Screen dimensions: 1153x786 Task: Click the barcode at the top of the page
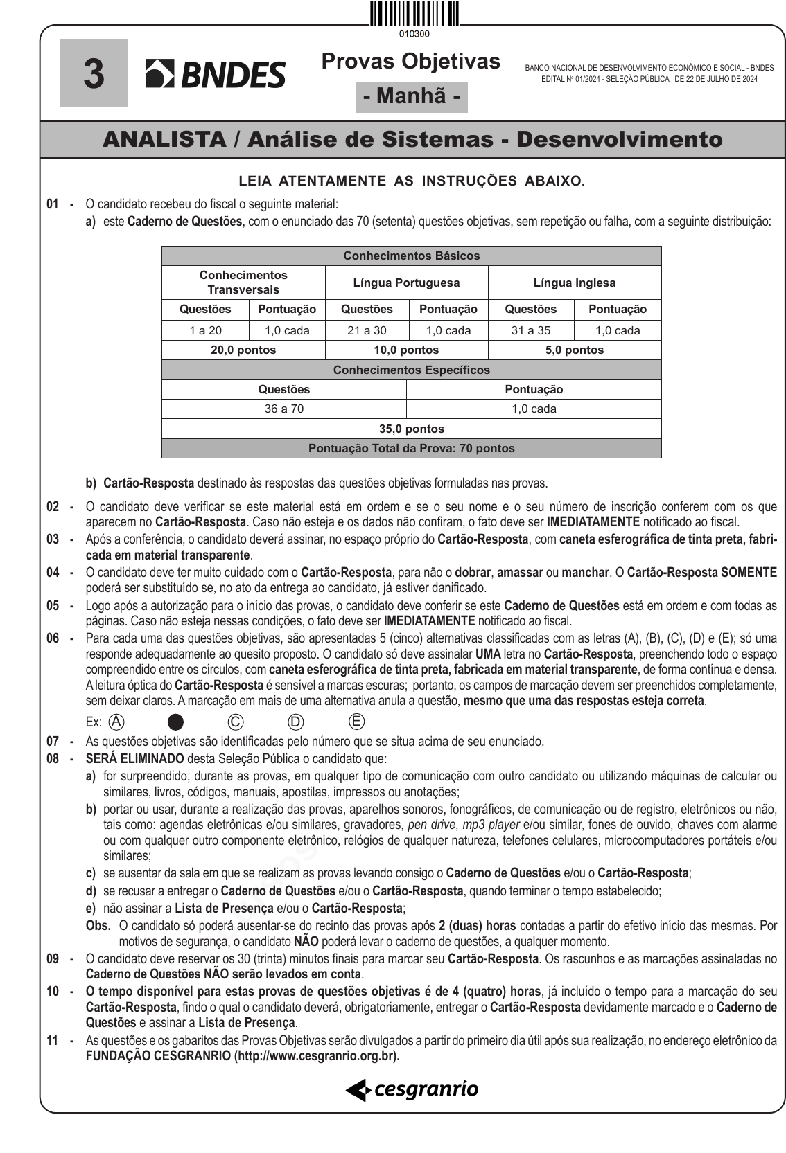[x=414, y=14]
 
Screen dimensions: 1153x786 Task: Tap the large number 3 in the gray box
[x=94, y=73]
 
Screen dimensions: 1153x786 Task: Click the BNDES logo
[x=216, y=74]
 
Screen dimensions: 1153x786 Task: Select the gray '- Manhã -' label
[x=412, y=96]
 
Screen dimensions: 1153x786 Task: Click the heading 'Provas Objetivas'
[x=410, y=62]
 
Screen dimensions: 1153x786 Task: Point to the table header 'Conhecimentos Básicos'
[x=411, y=256]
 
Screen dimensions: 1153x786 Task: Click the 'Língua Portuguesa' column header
[x=406, y=283]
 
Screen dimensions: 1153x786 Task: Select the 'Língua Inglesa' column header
[x=574, y=283]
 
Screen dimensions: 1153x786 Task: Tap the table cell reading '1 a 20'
[x=205, y=330]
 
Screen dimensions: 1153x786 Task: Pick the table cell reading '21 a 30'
[x=367, y=330]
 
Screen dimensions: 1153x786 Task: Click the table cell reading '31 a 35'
[x=531, y=330]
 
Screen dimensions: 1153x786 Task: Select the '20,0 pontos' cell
[x=243, y=350]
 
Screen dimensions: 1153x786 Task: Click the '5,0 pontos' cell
[x=574, y=350]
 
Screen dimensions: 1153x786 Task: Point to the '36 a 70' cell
[x=284, y=409]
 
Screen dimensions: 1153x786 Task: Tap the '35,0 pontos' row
[x=411, y=429]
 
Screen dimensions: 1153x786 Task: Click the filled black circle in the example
[x=176, y=722]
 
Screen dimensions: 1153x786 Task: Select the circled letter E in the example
[x=356, y=722]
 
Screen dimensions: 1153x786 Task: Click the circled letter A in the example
[x=117, y=722]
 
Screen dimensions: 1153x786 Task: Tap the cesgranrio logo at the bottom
[x=412, y=1089]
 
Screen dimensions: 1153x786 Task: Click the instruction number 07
[x=53, y=742]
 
